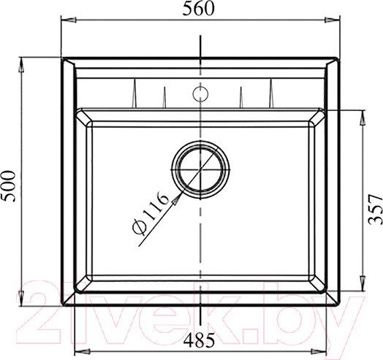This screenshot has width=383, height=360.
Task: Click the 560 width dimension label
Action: pyautogui.click(x=198, y=9)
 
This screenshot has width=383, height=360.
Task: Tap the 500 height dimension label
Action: pyautogui.click(x=9, y=186)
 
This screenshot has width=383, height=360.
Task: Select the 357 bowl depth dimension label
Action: pyautogui.click(x=375, y=209)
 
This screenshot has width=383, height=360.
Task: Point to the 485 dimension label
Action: pyautogui.click(x=199, y=340)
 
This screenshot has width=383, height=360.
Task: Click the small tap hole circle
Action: pyautogui.click(x=200, y=93)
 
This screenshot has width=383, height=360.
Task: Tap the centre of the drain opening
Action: pyautogui.click(x=200, y=169)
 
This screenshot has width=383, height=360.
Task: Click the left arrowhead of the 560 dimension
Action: pyautogui.click(x=69, y=20)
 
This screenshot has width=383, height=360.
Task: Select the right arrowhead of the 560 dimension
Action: pyautogui.click(x=332, y=20)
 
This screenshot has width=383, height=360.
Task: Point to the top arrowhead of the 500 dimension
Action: pyautogui.click(x=21, y=65)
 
